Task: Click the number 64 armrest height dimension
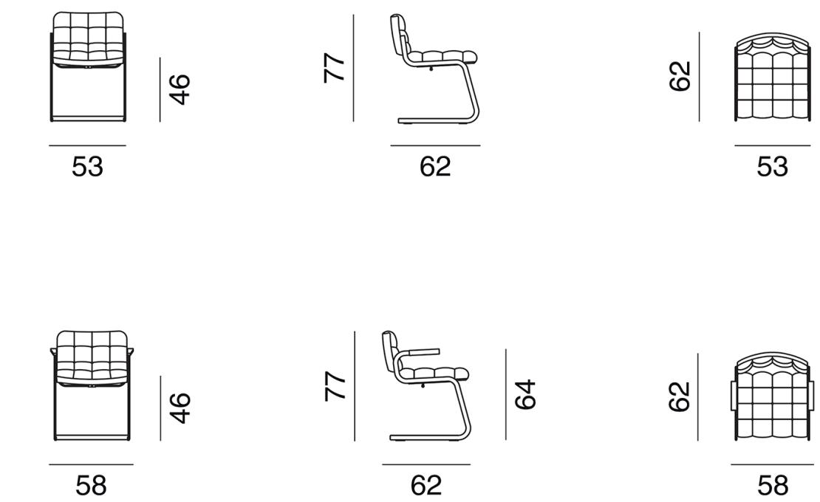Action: coord(525,394)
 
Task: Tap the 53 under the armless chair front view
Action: coord(87,167)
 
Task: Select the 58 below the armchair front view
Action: coord(91,485)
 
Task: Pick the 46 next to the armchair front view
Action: coord(180,408)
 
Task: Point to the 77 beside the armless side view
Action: coord(335,68)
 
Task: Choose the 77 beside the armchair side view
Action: coord(335,386)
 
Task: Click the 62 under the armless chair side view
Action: coord(435,167)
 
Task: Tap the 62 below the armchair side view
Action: coord(426,485)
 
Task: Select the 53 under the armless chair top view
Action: coord(773,167)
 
